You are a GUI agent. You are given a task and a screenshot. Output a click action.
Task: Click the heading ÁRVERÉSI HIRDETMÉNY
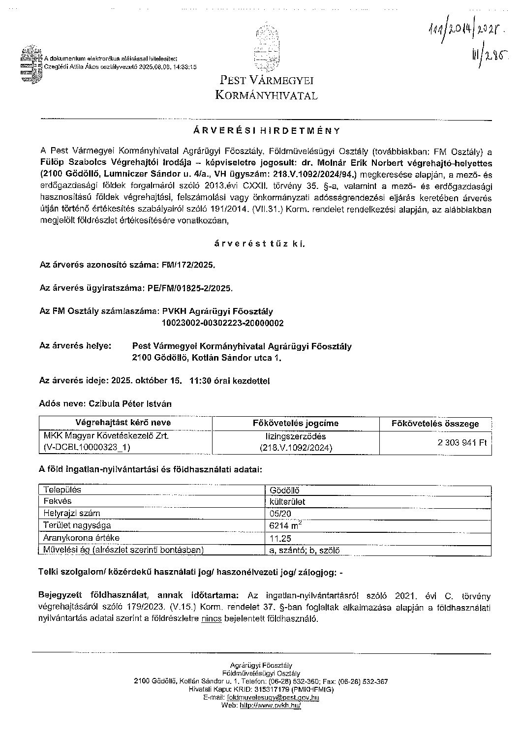(x=266, y=131)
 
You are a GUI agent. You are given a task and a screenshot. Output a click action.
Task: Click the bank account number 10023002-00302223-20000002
(x=222, y=323)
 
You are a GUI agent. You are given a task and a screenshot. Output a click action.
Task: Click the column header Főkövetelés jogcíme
(x=295, y=423)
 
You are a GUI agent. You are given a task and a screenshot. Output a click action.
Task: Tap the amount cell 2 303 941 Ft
(x=462, y=442)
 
